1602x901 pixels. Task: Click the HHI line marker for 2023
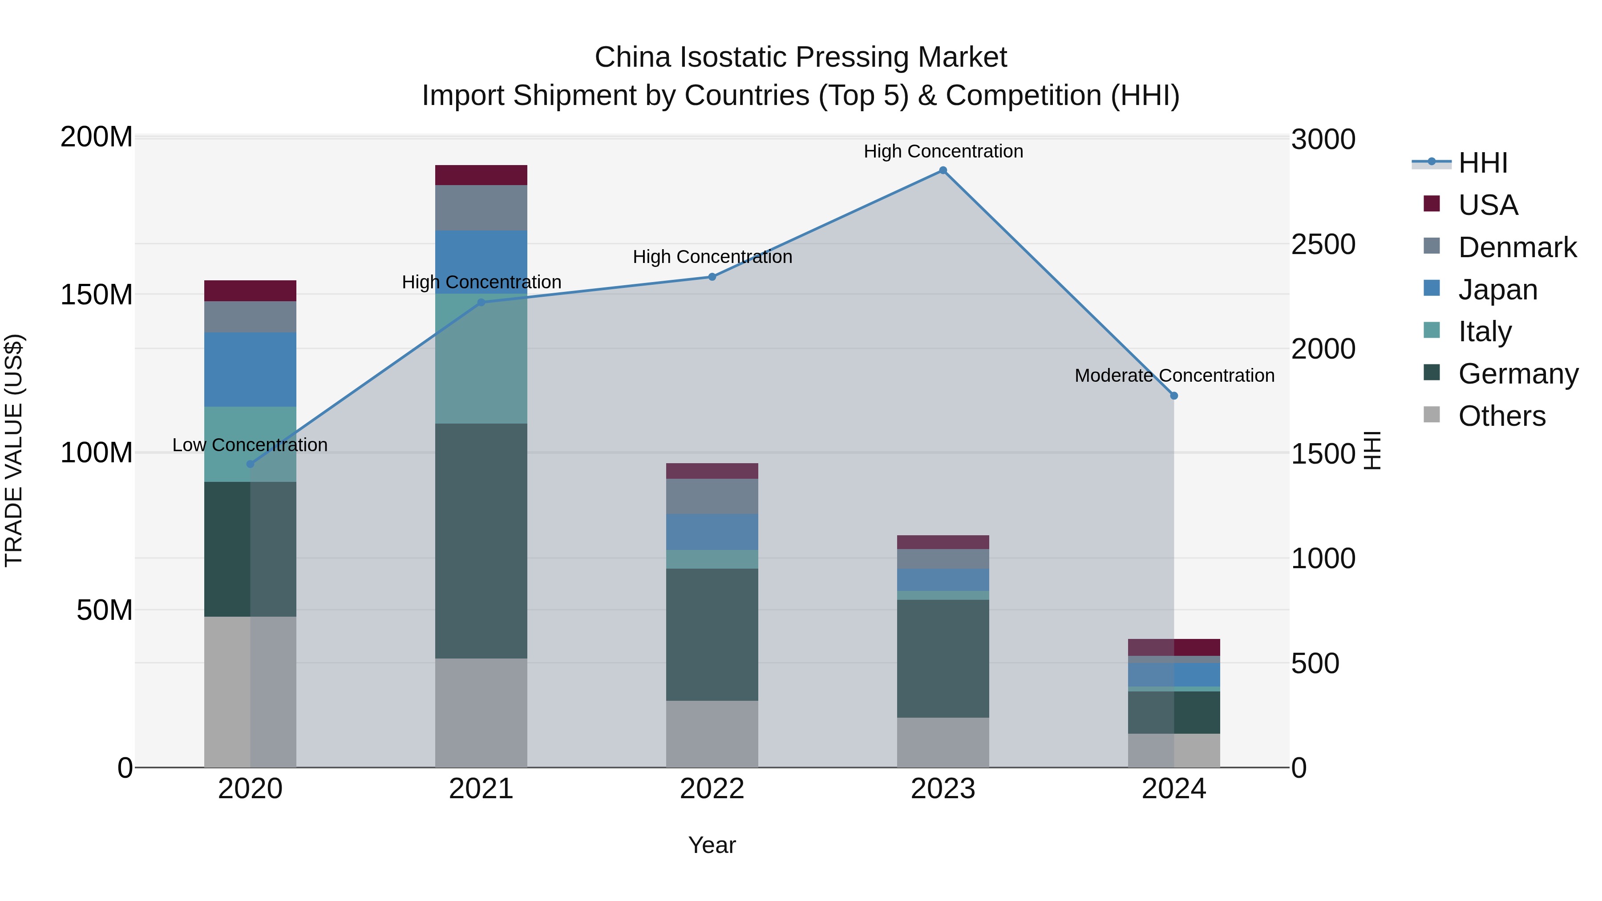point(943,170)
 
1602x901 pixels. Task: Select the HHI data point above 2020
point(250,464)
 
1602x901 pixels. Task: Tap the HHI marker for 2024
point(1173,396)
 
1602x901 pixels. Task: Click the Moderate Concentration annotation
point(1174,376)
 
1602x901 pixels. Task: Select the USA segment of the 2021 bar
point(481,175)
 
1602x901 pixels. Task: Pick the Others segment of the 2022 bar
point(712,734)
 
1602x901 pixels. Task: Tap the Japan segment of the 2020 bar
point(250,369)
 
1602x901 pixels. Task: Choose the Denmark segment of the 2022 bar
point(712,496)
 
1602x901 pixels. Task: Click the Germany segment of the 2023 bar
point(943,659)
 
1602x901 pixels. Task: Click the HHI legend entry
point(1483,163)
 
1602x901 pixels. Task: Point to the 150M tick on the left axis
point(97,295)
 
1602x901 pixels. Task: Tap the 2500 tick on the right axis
point(1323,244)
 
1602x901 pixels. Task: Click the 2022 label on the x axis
point(712,789)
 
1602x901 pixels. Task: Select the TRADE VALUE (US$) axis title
point(14,450)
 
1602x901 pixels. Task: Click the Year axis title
point(712,845)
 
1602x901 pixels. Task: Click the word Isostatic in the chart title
point(734,57)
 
